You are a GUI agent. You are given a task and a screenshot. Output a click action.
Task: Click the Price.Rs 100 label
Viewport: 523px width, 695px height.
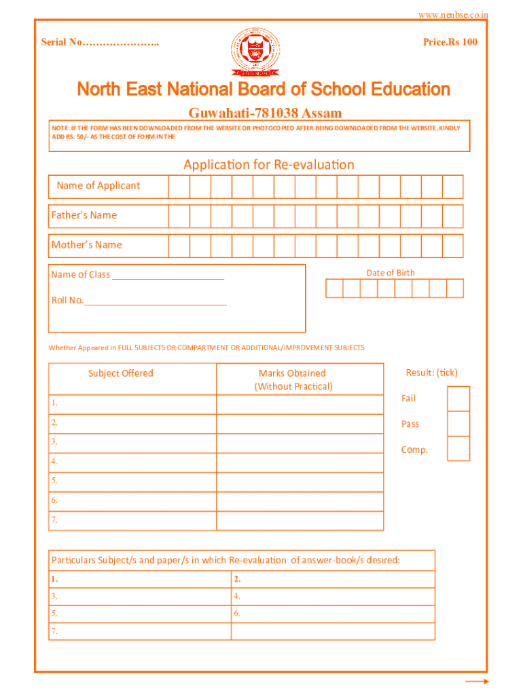[450, 42]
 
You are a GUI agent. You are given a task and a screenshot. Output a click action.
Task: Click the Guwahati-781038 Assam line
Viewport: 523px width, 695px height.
[264, 113]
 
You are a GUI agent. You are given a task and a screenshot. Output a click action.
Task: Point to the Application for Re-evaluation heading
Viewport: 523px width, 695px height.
[268, 165]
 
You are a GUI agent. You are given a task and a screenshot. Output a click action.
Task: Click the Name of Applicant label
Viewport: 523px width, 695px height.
[98, 186]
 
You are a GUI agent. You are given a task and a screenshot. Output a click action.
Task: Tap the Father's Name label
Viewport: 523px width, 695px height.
[84, 215]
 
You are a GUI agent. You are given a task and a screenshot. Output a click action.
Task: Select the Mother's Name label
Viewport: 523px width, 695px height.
[87, 245]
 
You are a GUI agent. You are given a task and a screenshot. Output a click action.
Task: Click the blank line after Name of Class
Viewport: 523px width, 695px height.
[168, 276]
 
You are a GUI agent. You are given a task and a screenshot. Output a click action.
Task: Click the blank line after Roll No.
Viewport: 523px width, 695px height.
[156, 302]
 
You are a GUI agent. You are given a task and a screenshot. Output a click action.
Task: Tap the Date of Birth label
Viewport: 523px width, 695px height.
[390, 273]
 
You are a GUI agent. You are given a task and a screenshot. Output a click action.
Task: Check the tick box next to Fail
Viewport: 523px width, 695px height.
[458, 398]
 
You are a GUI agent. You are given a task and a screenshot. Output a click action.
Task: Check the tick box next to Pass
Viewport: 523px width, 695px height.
[458, 424]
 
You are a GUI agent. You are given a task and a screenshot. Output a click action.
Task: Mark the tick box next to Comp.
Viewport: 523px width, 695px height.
[458, 449]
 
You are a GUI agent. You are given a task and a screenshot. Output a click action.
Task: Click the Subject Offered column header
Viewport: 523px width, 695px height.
[121, 373]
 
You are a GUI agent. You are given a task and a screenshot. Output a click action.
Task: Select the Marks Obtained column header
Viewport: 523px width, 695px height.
[293, 379]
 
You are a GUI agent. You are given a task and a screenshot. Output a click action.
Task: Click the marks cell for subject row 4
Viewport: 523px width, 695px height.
[300, 463]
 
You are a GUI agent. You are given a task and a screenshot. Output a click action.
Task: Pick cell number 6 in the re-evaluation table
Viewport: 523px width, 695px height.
[333, 614]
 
